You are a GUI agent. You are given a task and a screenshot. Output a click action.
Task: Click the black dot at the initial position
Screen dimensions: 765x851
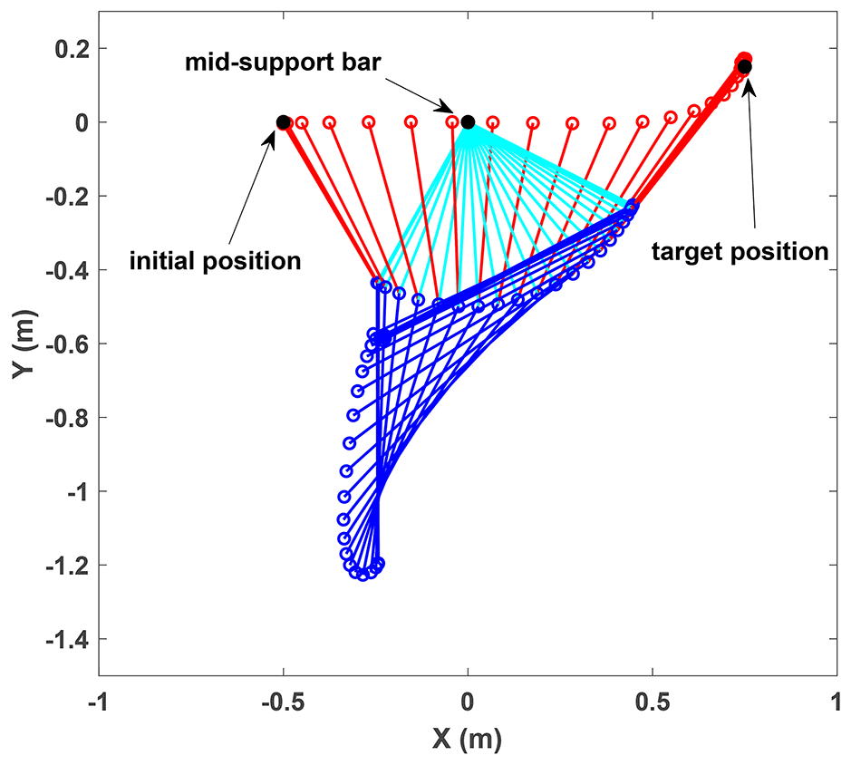click(283, 122)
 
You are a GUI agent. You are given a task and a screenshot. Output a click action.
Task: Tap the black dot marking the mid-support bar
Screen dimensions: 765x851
click(468, 122)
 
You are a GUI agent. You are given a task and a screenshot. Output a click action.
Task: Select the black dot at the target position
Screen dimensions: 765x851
click(744, 66)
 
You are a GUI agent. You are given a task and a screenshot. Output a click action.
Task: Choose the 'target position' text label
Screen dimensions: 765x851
click(740, 251)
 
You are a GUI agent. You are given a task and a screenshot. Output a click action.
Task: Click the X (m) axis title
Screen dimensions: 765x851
click(467, 740)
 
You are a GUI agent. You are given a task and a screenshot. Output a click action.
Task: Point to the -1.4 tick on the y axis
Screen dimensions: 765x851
click(66, 639)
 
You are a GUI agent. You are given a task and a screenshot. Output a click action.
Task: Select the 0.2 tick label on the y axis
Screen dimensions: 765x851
click(71, 48)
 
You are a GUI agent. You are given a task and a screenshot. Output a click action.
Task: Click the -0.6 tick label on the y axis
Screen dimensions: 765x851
click(66, 344)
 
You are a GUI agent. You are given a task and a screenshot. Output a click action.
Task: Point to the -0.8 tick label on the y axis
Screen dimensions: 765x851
click(66, 417)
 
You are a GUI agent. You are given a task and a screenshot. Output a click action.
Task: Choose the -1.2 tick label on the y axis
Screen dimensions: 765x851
click(66, 565)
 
